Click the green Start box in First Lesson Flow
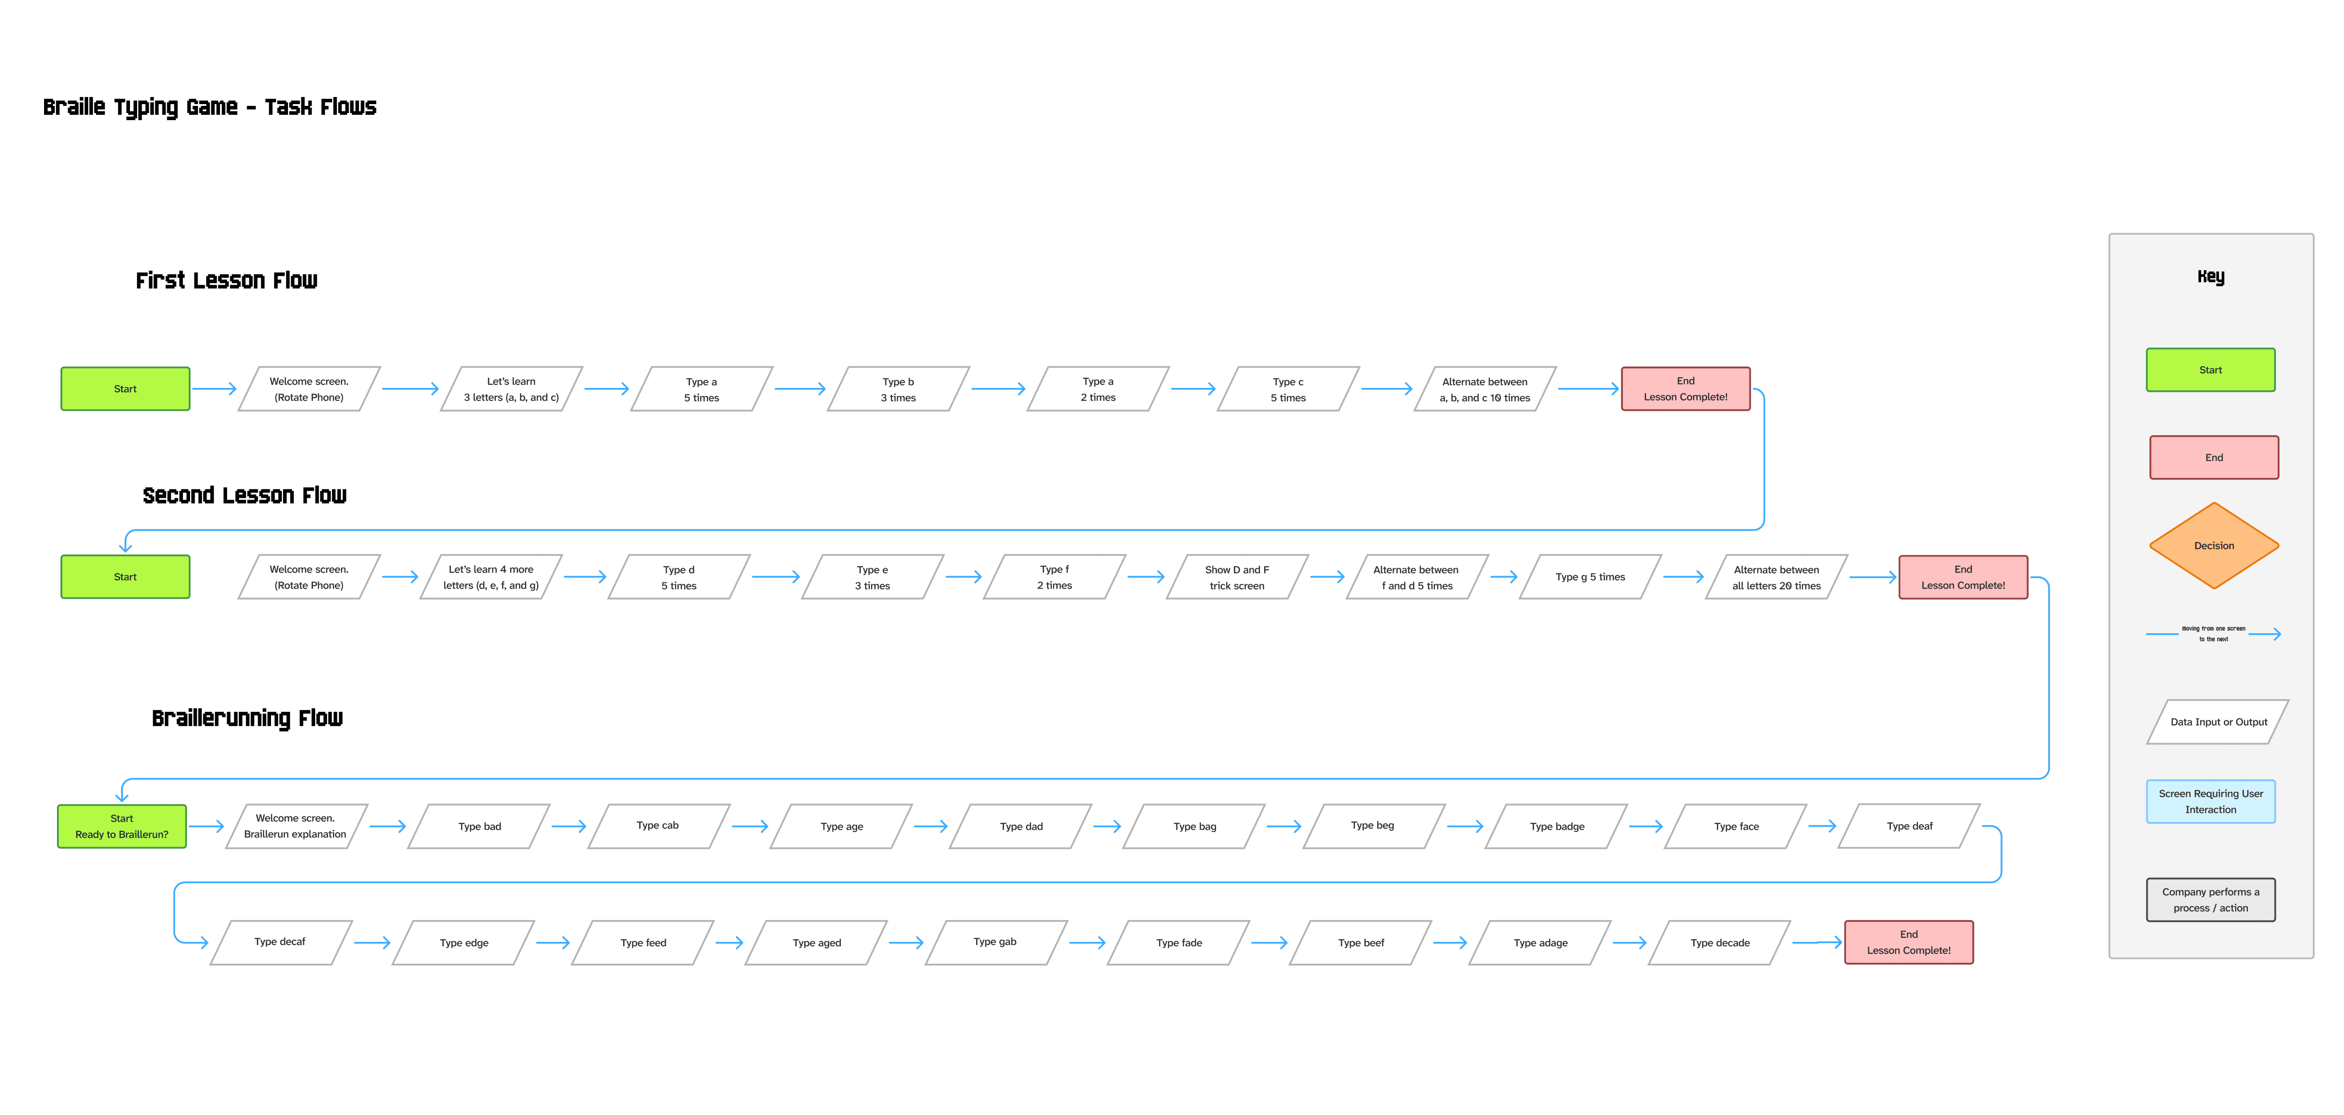[x=125, y=388]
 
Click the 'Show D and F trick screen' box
[x=1237, y=577]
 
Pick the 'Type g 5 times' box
[x=1590, y=577]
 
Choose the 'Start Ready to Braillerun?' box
[x=122, y=826]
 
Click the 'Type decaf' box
[x=280, y=942]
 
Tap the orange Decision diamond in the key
[x=2213, y=545]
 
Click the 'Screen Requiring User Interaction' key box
[x=2210, y=801]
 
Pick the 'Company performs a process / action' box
[x=2210, y=900]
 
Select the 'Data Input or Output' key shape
[x=2218, y=722]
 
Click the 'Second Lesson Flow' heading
[x=244, y=496]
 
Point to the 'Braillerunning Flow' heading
[x=247, y=719]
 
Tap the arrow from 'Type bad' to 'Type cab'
[x=569, y=826]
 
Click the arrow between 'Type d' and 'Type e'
[x=775, y=577]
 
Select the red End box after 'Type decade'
[x=1908, y=942]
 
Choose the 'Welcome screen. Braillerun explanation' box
[x=295, y=826]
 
